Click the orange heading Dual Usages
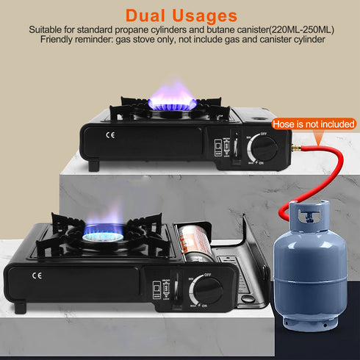click(x=180, y=15)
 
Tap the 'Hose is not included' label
click(x=314, y=124)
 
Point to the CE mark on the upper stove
click(x=111, y=134)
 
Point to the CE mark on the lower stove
click(x=38, y=276)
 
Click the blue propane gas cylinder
click(x=308, y=272)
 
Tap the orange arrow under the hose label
click(x=314, y=137)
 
